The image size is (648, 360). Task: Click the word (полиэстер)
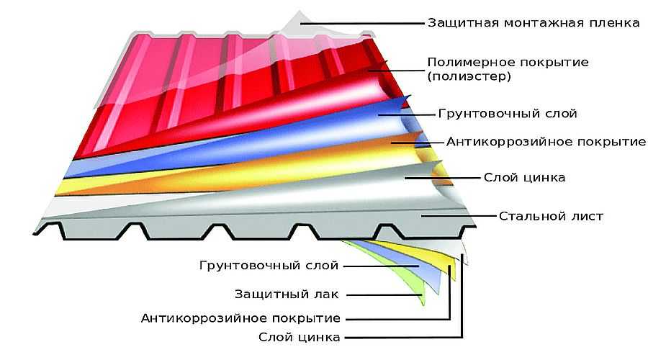point(469,76)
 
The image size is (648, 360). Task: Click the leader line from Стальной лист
point(459,216)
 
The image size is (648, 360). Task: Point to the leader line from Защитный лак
point(384,295)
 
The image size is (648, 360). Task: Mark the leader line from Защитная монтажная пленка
point(362,24)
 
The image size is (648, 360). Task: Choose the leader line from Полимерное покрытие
point(397,71)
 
